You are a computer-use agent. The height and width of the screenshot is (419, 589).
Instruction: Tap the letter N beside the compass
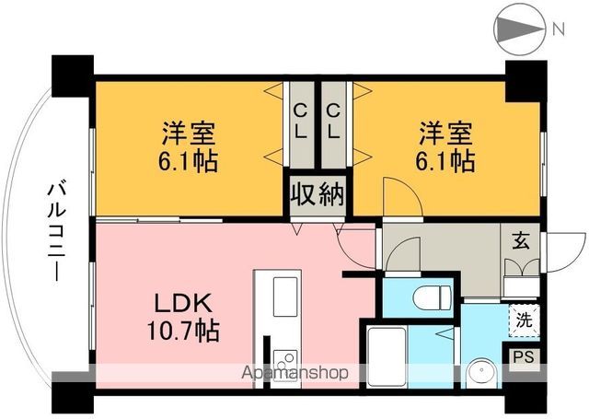(x=558, y=29)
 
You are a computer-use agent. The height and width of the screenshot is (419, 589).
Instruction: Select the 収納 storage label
(x=318, y=194)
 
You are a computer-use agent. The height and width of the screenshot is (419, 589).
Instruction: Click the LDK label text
(x=183, y=303)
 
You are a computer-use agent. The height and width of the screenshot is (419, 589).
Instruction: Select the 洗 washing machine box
(x=523, y=322)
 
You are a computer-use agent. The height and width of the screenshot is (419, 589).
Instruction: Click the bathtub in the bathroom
(x=393, y=355)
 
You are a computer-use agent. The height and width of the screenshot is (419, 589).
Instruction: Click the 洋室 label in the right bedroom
(x=448, y=132)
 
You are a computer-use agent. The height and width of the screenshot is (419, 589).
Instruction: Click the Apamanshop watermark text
(x=294, y=374)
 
